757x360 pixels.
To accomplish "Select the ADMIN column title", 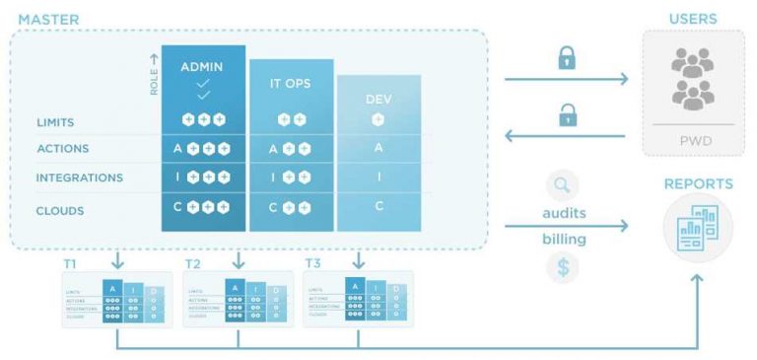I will click(203, 67).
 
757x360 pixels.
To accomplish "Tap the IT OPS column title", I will click(292, 84).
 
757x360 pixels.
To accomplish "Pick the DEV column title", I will click(378, 99).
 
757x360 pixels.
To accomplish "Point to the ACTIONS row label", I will click(63, 149).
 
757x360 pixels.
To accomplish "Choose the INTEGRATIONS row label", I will click(79, 178).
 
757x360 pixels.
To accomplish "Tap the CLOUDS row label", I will click(60, 210).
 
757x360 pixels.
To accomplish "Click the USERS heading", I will click(693, 19).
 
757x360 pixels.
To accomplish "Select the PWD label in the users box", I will click(693, 140).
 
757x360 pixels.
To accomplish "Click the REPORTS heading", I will click(698, 183).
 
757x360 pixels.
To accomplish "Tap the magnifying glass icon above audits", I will click(561, 184).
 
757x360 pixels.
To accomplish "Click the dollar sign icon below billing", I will click(561, 267).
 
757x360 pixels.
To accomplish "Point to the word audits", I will click(564, 213).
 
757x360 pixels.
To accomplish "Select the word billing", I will click(563, 239).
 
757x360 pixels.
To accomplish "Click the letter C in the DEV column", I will click(378, 207).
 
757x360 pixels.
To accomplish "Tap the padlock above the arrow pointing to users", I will click(567, 59).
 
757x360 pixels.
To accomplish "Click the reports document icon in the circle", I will click(697, 227).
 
